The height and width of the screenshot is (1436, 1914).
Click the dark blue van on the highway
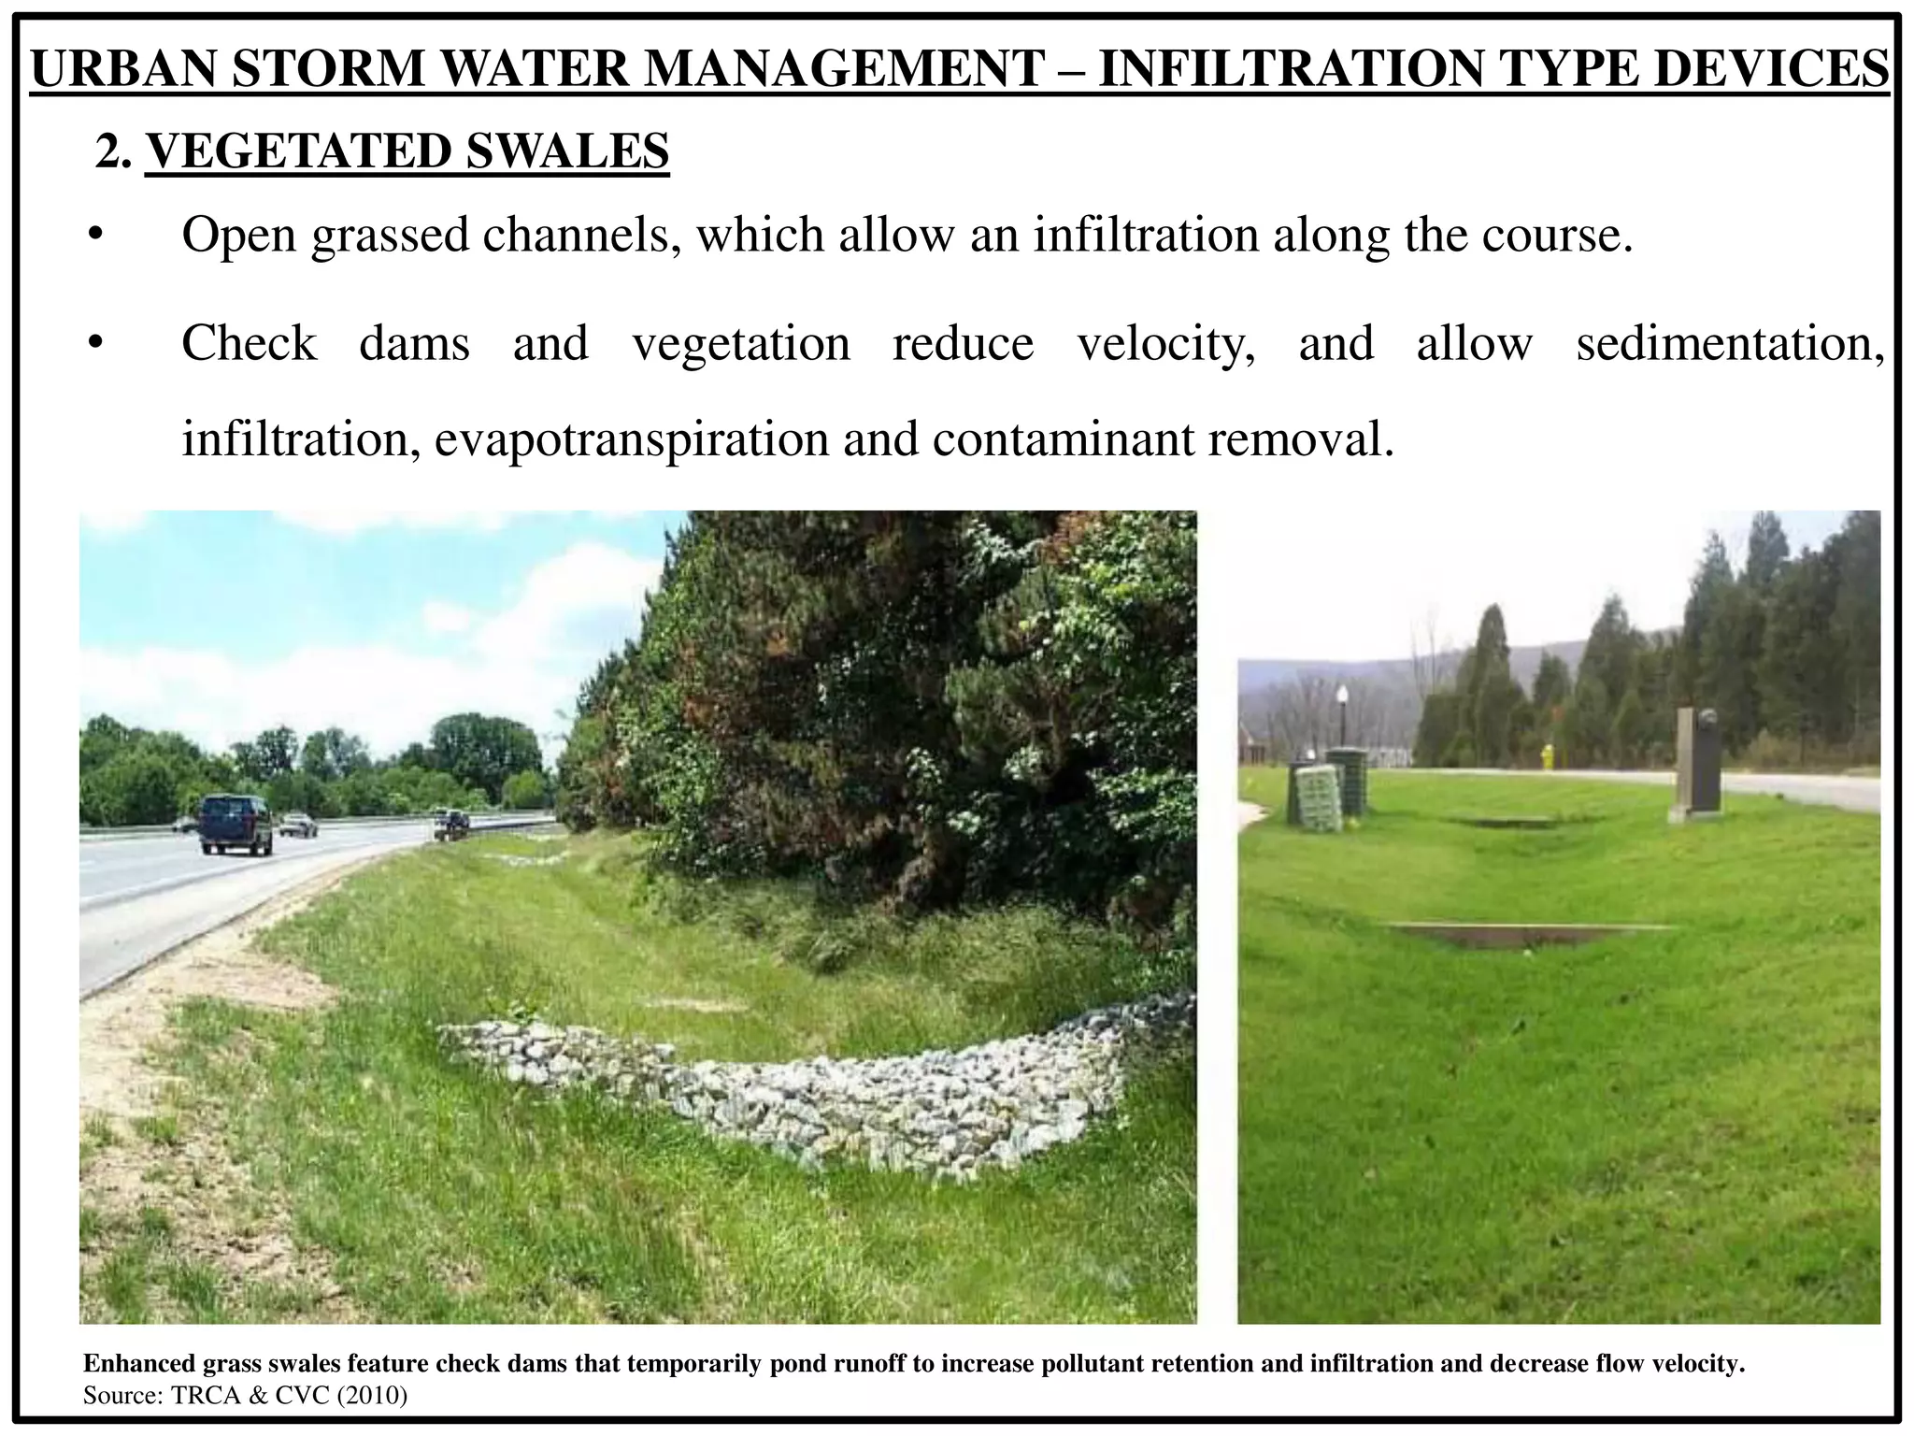(x=236, y=824)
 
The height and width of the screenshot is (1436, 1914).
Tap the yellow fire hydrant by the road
(x=1547, y=756)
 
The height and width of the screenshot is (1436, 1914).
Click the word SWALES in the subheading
(x=567, y=151)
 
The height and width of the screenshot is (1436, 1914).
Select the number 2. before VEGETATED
(x=112, y=151)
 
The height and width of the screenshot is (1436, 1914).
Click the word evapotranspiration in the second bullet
(x=632, y=439)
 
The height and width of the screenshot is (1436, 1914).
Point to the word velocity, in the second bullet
(x=1166, y=344)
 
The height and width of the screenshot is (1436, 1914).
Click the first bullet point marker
(x=94, y=236)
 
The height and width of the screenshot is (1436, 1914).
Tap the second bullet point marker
(x=94, y=344)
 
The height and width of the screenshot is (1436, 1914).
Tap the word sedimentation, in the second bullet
(x=1730, y=344)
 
